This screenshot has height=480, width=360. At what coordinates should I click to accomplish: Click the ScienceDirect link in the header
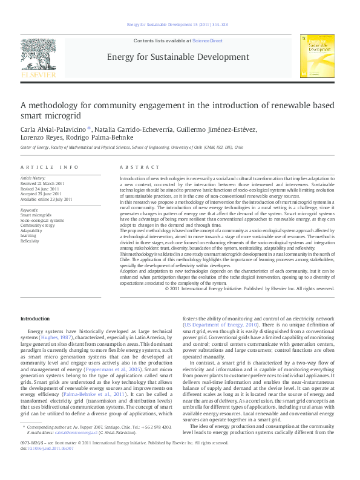pyautogui.click(x=208, y=41)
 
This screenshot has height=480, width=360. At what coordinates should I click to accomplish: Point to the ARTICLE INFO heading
pyautogui.click(x=50, y=166)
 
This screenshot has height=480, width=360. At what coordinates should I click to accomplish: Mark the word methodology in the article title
pyautogui.click(x=67, y=105)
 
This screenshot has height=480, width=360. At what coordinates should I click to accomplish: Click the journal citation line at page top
pyautogui.click(x=179, y=24)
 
